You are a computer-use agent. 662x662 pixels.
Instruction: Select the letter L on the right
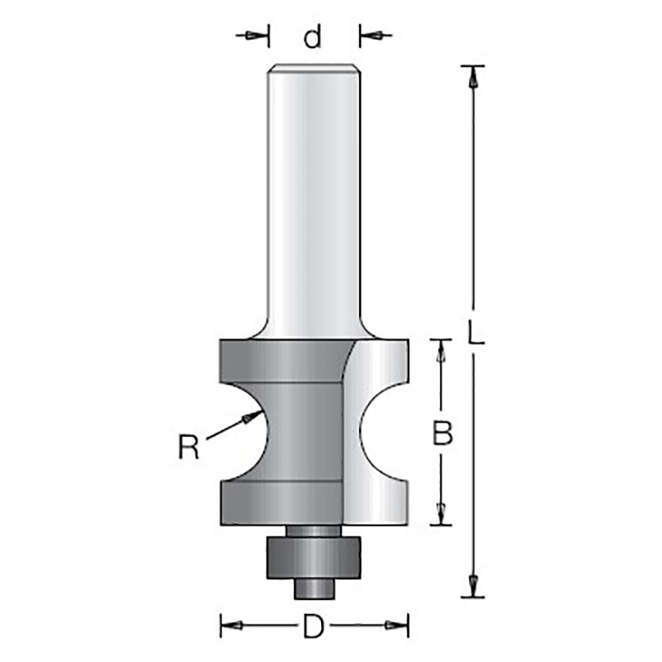click(475, 332)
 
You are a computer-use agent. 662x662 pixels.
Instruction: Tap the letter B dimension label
click(442, 433)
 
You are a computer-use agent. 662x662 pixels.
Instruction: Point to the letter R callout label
click(189, 447)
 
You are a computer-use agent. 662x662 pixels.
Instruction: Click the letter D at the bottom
click(314, 626)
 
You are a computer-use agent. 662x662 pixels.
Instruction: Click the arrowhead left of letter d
click(252, 36)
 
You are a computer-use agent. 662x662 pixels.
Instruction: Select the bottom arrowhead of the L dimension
click(473, 586)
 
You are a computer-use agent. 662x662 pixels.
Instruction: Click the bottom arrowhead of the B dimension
click(441, 514)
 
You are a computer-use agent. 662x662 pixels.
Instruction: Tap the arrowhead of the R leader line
click(251, 416)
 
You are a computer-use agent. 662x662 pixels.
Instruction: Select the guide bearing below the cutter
click(314, 557)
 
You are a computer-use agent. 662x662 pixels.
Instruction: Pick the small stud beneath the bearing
click(314, 588)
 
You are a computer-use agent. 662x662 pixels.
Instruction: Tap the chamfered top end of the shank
click(313, 69)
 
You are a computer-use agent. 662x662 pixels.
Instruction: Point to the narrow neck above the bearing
click(313, 530)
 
